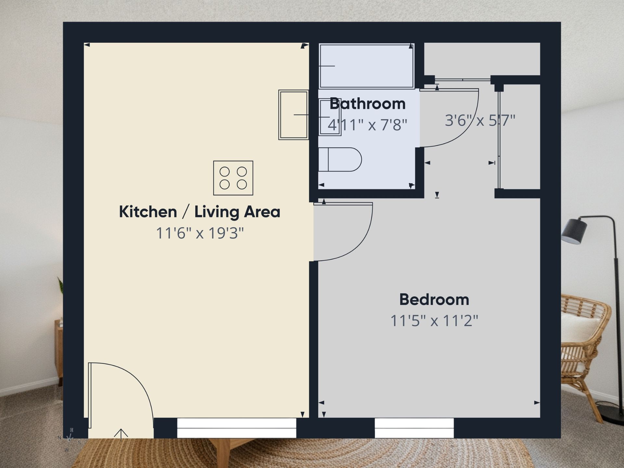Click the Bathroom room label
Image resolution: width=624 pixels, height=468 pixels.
(368, 104)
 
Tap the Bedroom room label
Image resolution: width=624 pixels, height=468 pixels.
(434, 300)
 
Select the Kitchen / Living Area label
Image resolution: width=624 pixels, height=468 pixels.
(200, 212)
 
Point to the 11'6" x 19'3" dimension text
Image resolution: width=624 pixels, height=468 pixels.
(200, 233)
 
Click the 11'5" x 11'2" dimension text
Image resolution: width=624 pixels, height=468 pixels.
(434, 321)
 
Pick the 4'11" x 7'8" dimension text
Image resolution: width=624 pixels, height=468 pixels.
(367, 125)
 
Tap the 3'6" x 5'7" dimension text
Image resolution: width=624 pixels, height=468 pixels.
(480, 120)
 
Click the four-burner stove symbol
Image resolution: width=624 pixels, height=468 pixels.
(233, 178)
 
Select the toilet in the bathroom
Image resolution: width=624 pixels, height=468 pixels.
(340, 159)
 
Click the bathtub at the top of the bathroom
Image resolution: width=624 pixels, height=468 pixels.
(367, 66)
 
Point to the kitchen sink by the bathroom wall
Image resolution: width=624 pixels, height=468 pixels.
(293, 115)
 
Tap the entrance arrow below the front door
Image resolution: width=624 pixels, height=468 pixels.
(121, 435)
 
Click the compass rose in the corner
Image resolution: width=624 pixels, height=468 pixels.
(69, 439)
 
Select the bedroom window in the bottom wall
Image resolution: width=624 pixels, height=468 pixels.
(414, 428)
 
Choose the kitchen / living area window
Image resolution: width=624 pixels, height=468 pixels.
(237, 428)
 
